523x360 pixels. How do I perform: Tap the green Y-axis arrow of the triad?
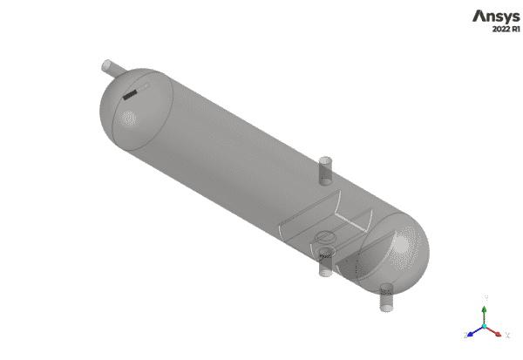[486, 316]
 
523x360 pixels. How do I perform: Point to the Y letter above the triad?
[486, 299]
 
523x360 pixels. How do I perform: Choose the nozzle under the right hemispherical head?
[387, 298]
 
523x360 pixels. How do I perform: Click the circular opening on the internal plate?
[323, 236]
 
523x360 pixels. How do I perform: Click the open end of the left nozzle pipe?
[106, 65]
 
